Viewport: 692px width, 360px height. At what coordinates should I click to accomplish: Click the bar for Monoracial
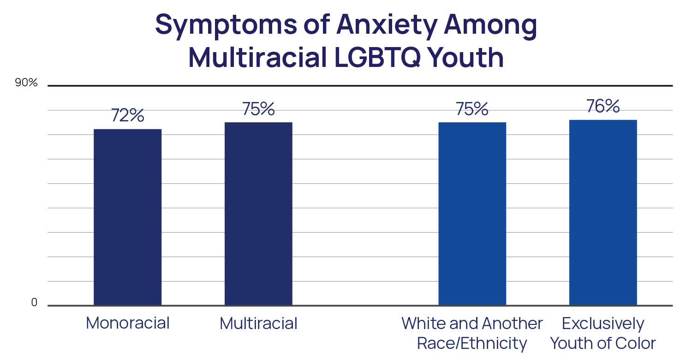127,217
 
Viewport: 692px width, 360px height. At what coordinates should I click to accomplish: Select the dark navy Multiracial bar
258,214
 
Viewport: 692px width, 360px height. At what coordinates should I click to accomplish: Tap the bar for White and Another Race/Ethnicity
472,214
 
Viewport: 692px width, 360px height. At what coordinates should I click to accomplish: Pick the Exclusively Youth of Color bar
603,212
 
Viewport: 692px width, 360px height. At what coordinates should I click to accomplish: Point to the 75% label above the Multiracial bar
258,109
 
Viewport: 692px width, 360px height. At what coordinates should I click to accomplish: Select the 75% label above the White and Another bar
472,109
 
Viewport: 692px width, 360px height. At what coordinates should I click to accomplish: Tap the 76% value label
603,107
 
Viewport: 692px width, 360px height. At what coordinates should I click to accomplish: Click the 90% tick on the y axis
26,83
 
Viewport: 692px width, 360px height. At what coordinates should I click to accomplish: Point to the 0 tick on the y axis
34,303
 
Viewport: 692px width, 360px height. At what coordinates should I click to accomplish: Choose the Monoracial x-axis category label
127,323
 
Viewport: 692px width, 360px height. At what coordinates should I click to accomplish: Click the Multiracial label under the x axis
258,323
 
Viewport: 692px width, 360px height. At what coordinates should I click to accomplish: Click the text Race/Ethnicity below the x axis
472,344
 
